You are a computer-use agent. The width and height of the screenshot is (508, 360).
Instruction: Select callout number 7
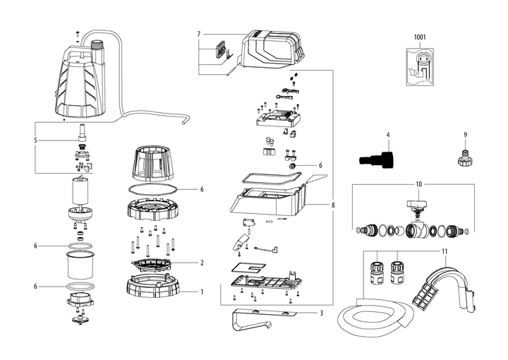point(200,34)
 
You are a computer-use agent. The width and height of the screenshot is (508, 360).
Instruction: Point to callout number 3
point(321,313)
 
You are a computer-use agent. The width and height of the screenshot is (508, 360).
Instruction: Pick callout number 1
point(202,291)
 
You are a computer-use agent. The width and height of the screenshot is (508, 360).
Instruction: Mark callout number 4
point(387,133)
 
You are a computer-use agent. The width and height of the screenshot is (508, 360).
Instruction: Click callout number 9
point(465,134)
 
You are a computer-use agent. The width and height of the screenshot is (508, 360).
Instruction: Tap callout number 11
point(445,251)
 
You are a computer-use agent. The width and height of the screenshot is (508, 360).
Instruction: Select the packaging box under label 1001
point(421,66)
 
